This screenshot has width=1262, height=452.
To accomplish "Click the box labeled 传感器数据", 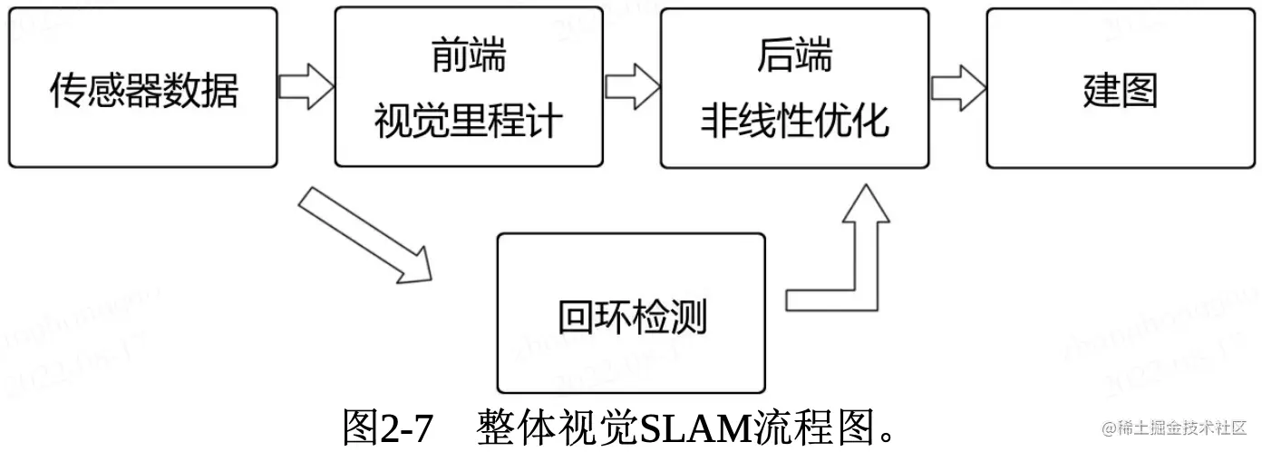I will point(143,88).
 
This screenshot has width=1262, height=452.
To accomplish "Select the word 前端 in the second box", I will point(468,56).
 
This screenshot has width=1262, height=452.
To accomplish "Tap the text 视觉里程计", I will point(468,122).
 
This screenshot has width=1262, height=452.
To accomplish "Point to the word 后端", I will point(794,56).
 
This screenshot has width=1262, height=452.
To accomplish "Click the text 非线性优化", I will point(794,122).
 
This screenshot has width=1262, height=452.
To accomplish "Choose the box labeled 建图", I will point(1121,88).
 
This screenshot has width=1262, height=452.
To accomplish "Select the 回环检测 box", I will point(631,314).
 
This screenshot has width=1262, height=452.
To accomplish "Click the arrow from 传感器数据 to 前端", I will point(305,88).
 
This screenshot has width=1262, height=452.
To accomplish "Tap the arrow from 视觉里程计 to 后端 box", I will point(631,88).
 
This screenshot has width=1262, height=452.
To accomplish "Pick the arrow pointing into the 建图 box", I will point(957,88).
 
